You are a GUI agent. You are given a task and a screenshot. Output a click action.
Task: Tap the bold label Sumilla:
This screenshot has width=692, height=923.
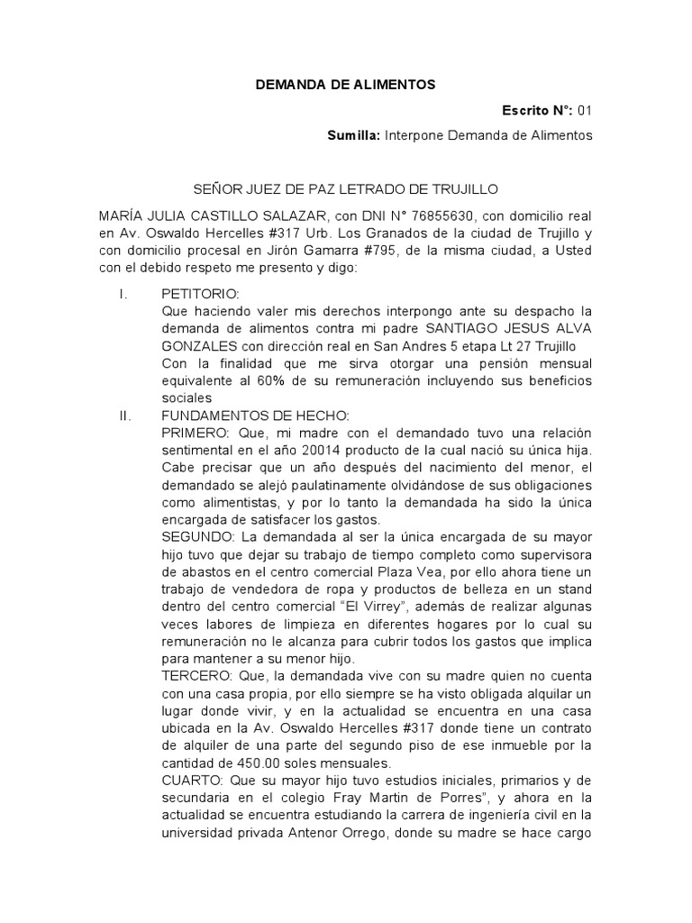coord(354,136)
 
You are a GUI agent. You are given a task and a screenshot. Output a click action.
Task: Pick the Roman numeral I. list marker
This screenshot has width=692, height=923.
coord(124,295)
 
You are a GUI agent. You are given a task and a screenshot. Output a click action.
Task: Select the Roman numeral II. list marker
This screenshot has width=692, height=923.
coord(126,416)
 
